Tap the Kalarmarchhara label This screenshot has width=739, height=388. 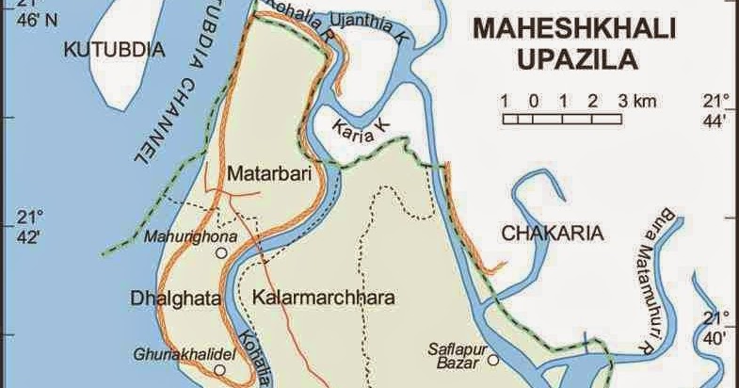(321, 299)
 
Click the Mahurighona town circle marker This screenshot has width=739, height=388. (221, 252)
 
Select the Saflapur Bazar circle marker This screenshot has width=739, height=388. (492, 359)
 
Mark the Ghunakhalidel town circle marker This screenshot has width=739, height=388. (219, 370)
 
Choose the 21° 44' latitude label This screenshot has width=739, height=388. (718, 110)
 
